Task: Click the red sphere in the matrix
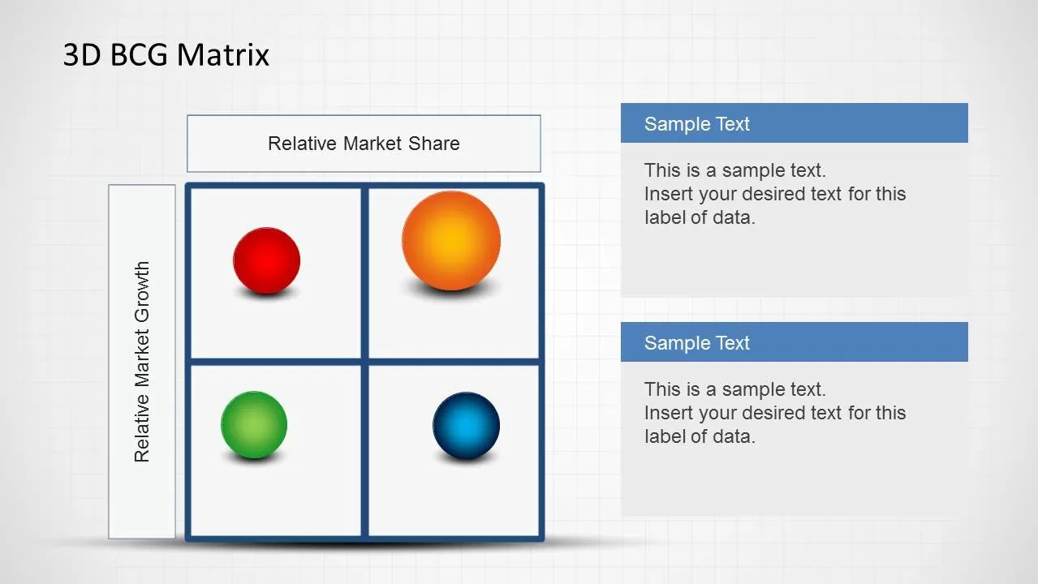tap(266, 260)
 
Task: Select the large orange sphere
tap(451, 240)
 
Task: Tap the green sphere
tap(254, 425)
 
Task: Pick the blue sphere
tap(466, 426)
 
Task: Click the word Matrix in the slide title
tap(223, 54)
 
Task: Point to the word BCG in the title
tap(139, 54)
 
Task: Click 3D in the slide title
tap(82, 54)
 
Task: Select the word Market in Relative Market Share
tap(373, 144)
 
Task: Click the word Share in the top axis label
tap(434, 144)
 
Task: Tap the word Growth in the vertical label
tap(142, 292)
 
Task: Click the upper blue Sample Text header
tap(795, 122)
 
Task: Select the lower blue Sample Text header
tap(795, 341)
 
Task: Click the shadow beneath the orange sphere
tap(451, 290)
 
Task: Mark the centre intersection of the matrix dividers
tap(364, 362)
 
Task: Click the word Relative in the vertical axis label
tap(142, 429)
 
